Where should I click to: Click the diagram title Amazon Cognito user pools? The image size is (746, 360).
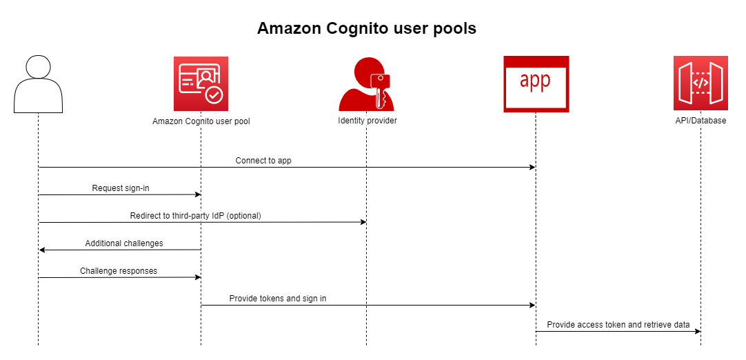pos(366,29)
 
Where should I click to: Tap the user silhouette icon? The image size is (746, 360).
pos(39,84)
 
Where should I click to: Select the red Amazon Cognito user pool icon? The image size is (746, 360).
pos(201,83)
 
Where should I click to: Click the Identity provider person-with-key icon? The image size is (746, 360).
pos(365,84)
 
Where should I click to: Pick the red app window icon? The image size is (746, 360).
pos(536,83)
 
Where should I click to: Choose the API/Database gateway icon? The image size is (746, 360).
pos(700,83)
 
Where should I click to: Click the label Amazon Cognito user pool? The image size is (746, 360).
pos(201,121)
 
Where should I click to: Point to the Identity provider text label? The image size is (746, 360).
pos(367,121)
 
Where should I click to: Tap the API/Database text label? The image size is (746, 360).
pos(700,121)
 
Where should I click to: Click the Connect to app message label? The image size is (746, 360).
pos(263,161)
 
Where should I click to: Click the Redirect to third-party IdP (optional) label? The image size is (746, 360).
pos(195,216)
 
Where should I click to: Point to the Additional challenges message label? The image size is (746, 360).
pos(124,243)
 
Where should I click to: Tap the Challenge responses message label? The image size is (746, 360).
pos(119,271)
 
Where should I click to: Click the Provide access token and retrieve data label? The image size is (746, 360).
pos(618,325)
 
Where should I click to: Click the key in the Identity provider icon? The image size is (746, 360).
pos(379,90)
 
